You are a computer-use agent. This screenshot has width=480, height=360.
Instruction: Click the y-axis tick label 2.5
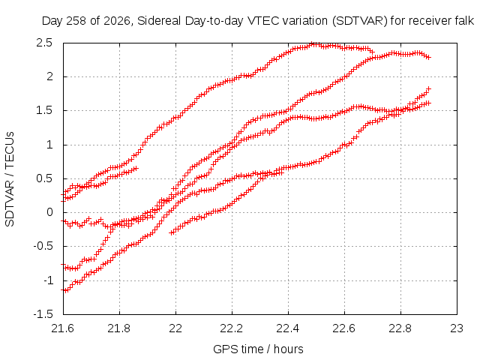pos(44,43)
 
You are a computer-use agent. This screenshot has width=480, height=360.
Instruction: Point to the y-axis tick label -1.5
pos(43,314)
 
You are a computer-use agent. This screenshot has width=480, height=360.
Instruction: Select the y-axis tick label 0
pos(50,212)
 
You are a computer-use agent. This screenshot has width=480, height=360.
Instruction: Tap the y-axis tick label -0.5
pos(43,247)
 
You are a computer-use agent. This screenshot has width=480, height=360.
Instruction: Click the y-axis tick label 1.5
pos(44,111)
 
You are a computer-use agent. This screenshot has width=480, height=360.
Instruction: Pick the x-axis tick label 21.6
pos(63,328)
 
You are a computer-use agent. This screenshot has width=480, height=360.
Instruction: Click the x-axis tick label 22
pos(175,328)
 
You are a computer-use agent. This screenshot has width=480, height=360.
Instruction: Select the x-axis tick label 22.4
pos(288,328)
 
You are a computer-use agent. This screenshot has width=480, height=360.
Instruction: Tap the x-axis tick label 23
pos(457,328)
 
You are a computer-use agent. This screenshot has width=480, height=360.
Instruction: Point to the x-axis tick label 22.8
pos(400,328)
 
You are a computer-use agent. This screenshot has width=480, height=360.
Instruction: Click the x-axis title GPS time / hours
pos(258,349)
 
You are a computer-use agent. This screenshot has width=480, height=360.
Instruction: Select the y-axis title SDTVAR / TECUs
pos(10,179)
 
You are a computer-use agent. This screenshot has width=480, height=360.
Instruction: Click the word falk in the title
pos(465,21)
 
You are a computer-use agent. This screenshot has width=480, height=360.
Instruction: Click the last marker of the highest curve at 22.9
pos(428,57)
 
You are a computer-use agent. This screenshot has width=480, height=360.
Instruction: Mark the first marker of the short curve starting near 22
pos(172,233)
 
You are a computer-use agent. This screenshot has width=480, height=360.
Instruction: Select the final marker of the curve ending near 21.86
pos(136,168)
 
